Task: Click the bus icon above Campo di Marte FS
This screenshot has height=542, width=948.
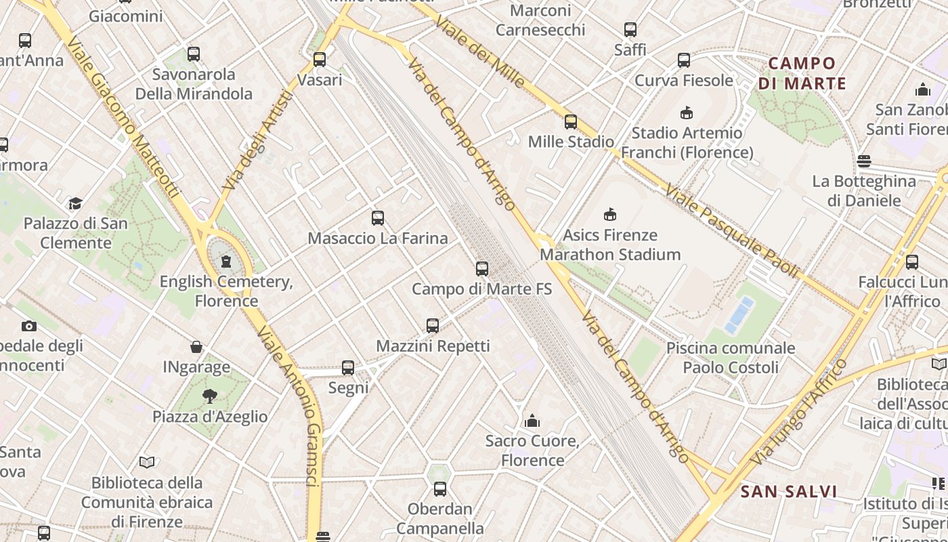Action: tap(482, 269)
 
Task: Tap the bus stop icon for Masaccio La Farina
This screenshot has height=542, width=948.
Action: tap(378, 218)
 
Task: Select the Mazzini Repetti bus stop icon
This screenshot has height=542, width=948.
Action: tap(433, 326)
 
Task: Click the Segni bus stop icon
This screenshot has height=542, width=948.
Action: tap(348, 368)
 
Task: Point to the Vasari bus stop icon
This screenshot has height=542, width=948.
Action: tap(320, 60)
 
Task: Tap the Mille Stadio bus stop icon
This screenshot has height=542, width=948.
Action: tap(571, 122)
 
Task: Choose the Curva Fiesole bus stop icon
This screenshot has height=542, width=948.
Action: tap(684, 60)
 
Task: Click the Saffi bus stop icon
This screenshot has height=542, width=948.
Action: tap(630, 30)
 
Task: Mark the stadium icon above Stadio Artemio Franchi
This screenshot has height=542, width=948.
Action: tap(687, 112)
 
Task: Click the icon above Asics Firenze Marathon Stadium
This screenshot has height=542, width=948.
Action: tap(610, 215)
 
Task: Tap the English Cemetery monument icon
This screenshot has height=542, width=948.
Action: tap(226, 261)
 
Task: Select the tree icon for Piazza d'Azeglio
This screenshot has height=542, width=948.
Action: tap(210, 396)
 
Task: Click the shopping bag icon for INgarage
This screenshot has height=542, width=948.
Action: tap(196, 347)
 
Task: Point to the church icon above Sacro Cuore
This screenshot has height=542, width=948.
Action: tap(532, 421)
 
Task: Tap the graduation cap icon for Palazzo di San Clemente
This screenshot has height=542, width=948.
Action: tap(75, 203)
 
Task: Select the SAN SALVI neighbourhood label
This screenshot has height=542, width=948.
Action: tap(789, 492)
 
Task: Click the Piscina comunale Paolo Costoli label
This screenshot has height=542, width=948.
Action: tap(731, 358)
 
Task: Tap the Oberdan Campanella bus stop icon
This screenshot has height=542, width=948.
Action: tap(440, 488)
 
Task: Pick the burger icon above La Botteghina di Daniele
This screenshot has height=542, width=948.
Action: tap(863, 161)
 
